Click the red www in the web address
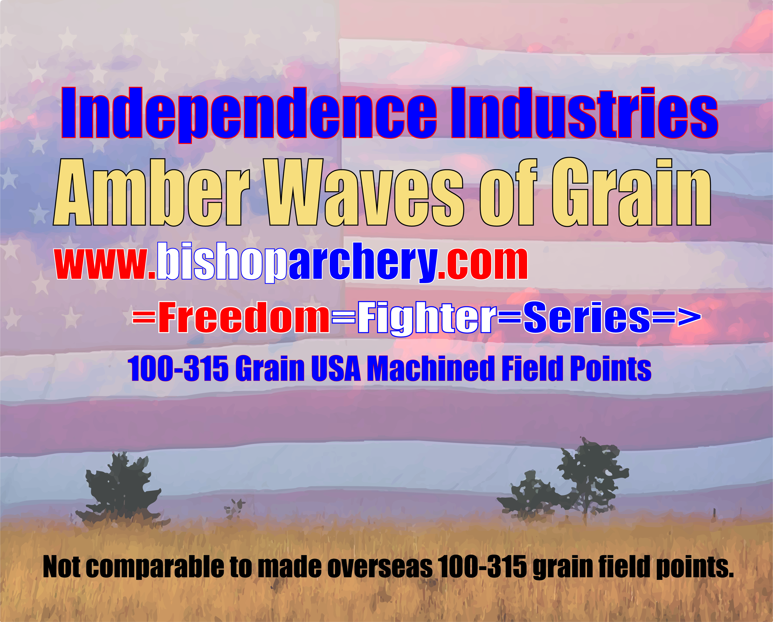click(101, 264)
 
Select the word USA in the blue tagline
click(336, 369)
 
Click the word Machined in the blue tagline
click(431, 369)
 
